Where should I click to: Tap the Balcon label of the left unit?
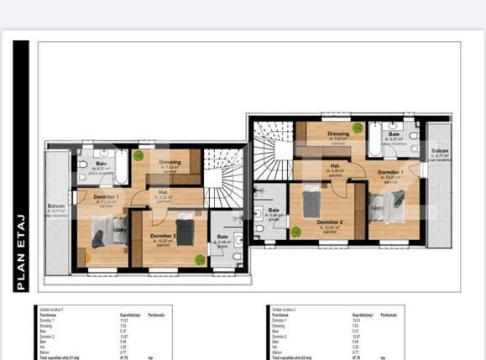(57, 206)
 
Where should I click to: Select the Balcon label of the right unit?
(442, 151)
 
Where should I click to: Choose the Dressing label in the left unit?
(170, 162)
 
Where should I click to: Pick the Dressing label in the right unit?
(338, 133)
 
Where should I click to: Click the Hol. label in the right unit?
(334, 166)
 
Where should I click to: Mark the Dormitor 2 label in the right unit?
(329, 222)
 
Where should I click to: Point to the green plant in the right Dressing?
(358, 128)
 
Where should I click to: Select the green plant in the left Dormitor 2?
(199, 260)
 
